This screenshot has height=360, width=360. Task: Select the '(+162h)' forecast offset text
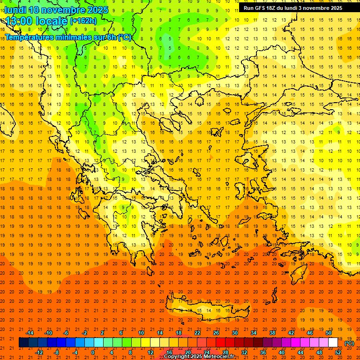tap(83, 21)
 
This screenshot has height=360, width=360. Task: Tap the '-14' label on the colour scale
tap(30, 333)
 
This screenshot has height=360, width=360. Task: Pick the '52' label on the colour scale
tap(338, 352)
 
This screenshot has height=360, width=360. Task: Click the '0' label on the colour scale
tap(93, 352)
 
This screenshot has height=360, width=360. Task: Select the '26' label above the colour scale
tap(216, 333)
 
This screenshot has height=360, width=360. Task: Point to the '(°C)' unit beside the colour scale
tap(349, 343)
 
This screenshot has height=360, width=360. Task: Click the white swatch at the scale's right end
tap(333, 343)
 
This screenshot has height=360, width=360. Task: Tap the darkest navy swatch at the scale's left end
tap(23, 343)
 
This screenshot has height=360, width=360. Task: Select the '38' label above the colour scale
tap(272, 333)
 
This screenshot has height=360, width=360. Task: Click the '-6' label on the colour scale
tap(66, 333)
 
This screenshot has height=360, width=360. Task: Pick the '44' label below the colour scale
tap(300, 352)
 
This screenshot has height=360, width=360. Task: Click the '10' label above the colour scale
tap(141, 333)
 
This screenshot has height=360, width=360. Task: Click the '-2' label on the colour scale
tap(85, 333)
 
